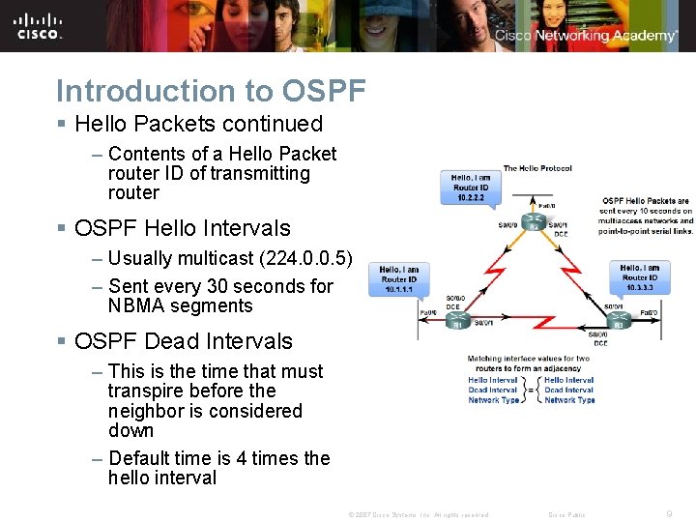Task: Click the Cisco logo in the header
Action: click(x=39, y=26)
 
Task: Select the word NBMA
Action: click(x=139, y=305)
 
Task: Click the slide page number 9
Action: click(x=668, y=514)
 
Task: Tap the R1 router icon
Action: click(x=457, y=320)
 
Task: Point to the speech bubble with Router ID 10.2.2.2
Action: click(x=471, y=188)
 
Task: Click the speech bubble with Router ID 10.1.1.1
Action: click(x=398, y=279)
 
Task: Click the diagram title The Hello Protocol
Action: click(x=537, y=169)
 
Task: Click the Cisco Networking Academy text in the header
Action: click(x=586, y=36)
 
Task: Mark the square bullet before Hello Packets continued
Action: click(x=61, y=125)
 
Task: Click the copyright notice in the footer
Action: click(x=418, y=515)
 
